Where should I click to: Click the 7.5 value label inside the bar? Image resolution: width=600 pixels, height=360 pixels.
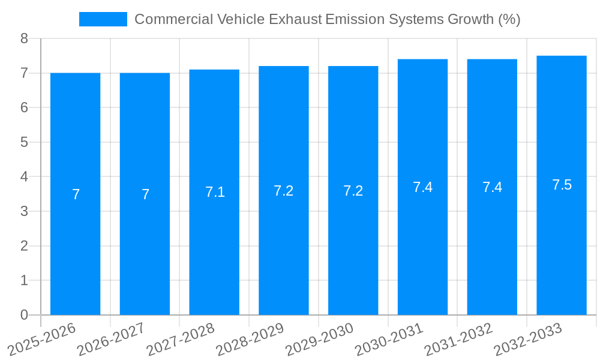(562, 185)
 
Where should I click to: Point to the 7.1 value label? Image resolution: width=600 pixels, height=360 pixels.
(214, 192)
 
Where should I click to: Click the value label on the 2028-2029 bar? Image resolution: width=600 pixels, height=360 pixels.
(283, 191)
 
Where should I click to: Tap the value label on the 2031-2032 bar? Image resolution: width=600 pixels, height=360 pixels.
(492, 187)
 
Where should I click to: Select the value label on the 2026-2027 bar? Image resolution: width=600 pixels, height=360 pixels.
(145, 194)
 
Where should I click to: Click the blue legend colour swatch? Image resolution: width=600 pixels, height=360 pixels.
(103, 19)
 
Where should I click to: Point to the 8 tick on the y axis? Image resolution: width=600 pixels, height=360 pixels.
(24, 38)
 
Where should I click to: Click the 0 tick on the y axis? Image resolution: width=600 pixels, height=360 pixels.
(24, 315)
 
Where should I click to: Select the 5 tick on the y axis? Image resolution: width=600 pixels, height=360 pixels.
(24, 142)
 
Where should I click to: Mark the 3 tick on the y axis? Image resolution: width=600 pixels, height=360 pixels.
(24, 211)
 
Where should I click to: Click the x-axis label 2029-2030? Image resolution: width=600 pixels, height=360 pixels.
(320, 339)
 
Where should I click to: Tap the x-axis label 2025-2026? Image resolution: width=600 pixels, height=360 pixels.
(41, 339)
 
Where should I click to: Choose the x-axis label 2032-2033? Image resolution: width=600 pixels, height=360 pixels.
(528, 339)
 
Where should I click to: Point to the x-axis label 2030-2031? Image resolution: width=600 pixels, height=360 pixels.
(389, 339)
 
